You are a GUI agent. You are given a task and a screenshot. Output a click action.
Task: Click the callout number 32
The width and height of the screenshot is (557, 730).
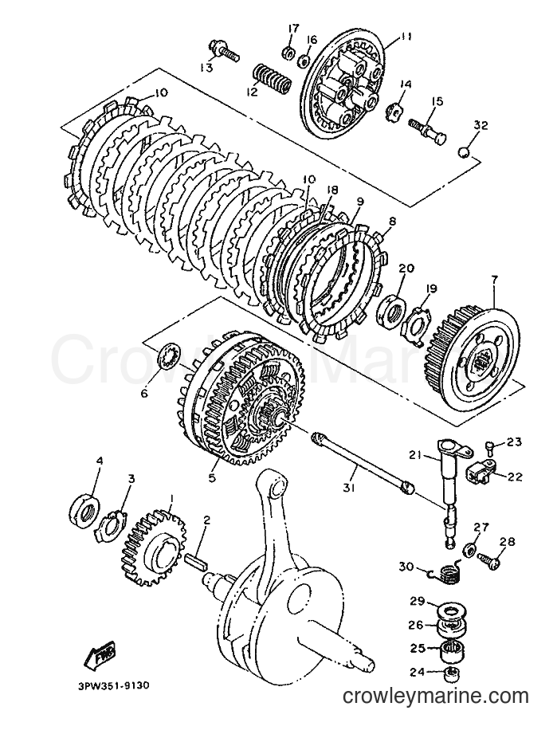point(481,125)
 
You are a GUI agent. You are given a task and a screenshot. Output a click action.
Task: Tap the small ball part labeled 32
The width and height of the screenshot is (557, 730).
point(464,153)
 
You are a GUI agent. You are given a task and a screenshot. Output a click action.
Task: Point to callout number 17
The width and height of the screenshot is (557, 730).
point(293,29)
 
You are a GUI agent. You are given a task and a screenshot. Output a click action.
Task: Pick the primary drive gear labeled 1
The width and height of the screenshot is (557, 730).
point(155,548)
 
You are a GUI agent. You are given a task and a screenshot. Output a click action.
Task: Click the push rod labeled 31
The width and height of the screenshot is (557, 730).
point(361,461)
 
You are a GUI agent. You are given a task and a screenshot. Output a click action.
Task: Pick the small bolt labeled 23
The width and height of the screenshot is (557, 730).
point(489,447)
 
